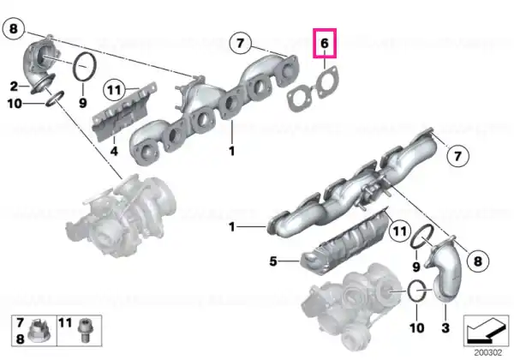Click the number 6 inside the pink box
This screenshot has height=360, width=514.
(324, 43)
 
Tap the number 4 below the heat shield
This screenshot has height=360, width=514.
(114, 152)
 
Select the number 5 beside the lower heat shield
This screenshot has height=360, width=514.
(273, 261)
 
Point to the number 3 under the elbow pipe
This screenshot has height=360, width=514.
(445, 327)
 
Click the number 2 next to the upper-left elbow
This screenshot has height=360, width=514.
(14, 87)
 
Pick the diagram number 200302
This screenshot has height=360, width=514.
(488, 353)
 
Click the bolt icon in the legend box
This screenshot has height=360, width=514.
(85, 331)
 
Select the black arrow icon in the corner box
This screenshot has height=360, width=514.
(486, 330)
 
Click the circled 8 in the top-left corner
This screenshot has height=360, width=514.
(14, 29)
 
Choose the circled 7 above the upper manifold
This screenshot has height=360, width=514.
(240, 43)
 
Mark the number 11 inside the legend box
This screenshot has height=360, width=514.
(65, 323)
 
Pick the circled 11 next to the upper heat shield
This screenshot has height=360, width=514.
(114, 90)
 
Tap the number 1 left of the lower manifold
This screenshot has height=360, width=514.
(232, 227)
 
